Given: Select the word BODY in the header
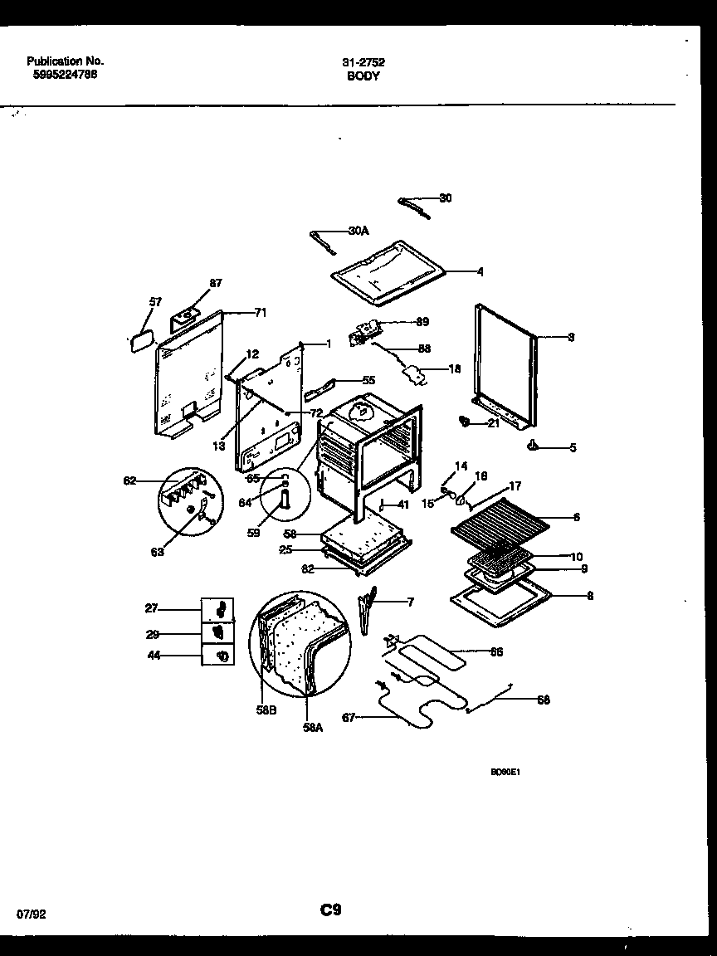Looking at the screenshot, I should click(363, 76).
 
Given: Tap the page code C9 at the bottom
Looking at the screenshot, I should click(331, 910).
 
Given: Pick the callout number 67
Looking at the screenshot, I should click(349, 718).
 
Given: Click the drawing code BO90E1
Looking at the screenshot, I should click(505, 771).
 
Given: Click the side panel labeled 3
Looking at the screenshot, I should click(506, 365).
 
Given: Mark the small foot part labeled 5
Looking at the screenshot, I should click(533, 446).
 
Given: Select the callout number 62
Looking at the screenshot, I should click(129, 480).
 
